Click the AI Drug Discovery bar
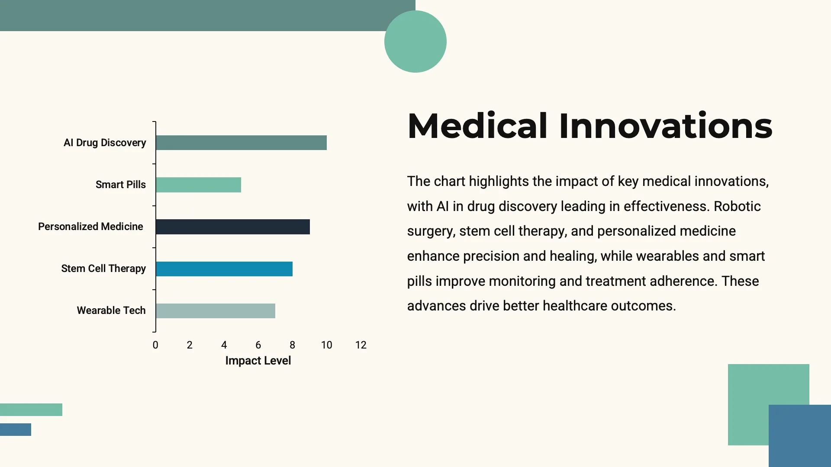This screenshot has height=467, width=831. tap(241, 143)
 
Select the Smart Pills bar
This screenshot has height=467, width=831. tap(198, 185)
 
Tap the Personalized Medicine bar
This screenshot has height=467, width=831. tap(232, 227)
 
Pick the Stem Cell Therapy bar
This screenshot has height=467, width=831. tap(224, 269)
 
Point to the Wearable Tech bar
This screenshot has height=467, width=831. tap(215, 310)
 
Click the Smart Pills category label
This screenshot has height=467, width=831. tap(120, 185)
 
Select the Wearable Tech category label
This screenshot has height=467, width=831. tap(111, 310)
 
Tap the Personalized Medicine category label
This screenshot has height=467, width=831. tap(90, 227)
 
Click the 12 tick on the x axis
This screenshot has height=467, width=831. tap(361, 345)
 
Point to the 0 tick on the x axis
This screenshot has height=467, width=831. tap(155, 345)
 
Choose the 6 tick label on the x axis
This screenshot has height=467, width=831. tap(258, 345)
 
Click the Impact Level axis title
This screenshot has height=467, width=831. tap(258, 361)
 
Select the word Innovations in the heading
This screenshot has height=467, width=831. tap(665, 126)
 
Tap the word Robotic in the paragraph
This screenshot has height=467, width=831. tap(737, 206)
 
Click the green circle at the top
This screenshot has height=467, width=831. tap(415, 42)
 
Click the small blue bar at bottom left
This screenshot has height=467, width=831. tap(16, 429)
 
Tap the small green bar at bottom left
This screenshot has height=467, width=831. tap(31, 409)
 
